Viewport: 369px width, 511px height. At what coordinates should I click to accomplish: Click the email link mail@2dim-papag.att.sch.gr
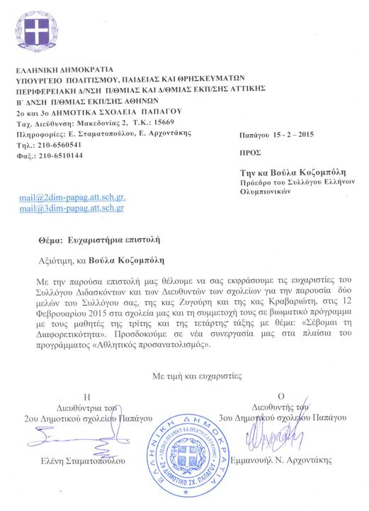click(x=72, y=197)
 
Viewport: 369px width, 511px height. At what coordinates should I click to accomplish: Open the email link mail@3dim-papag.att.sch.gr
click(x=72, y=208)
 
